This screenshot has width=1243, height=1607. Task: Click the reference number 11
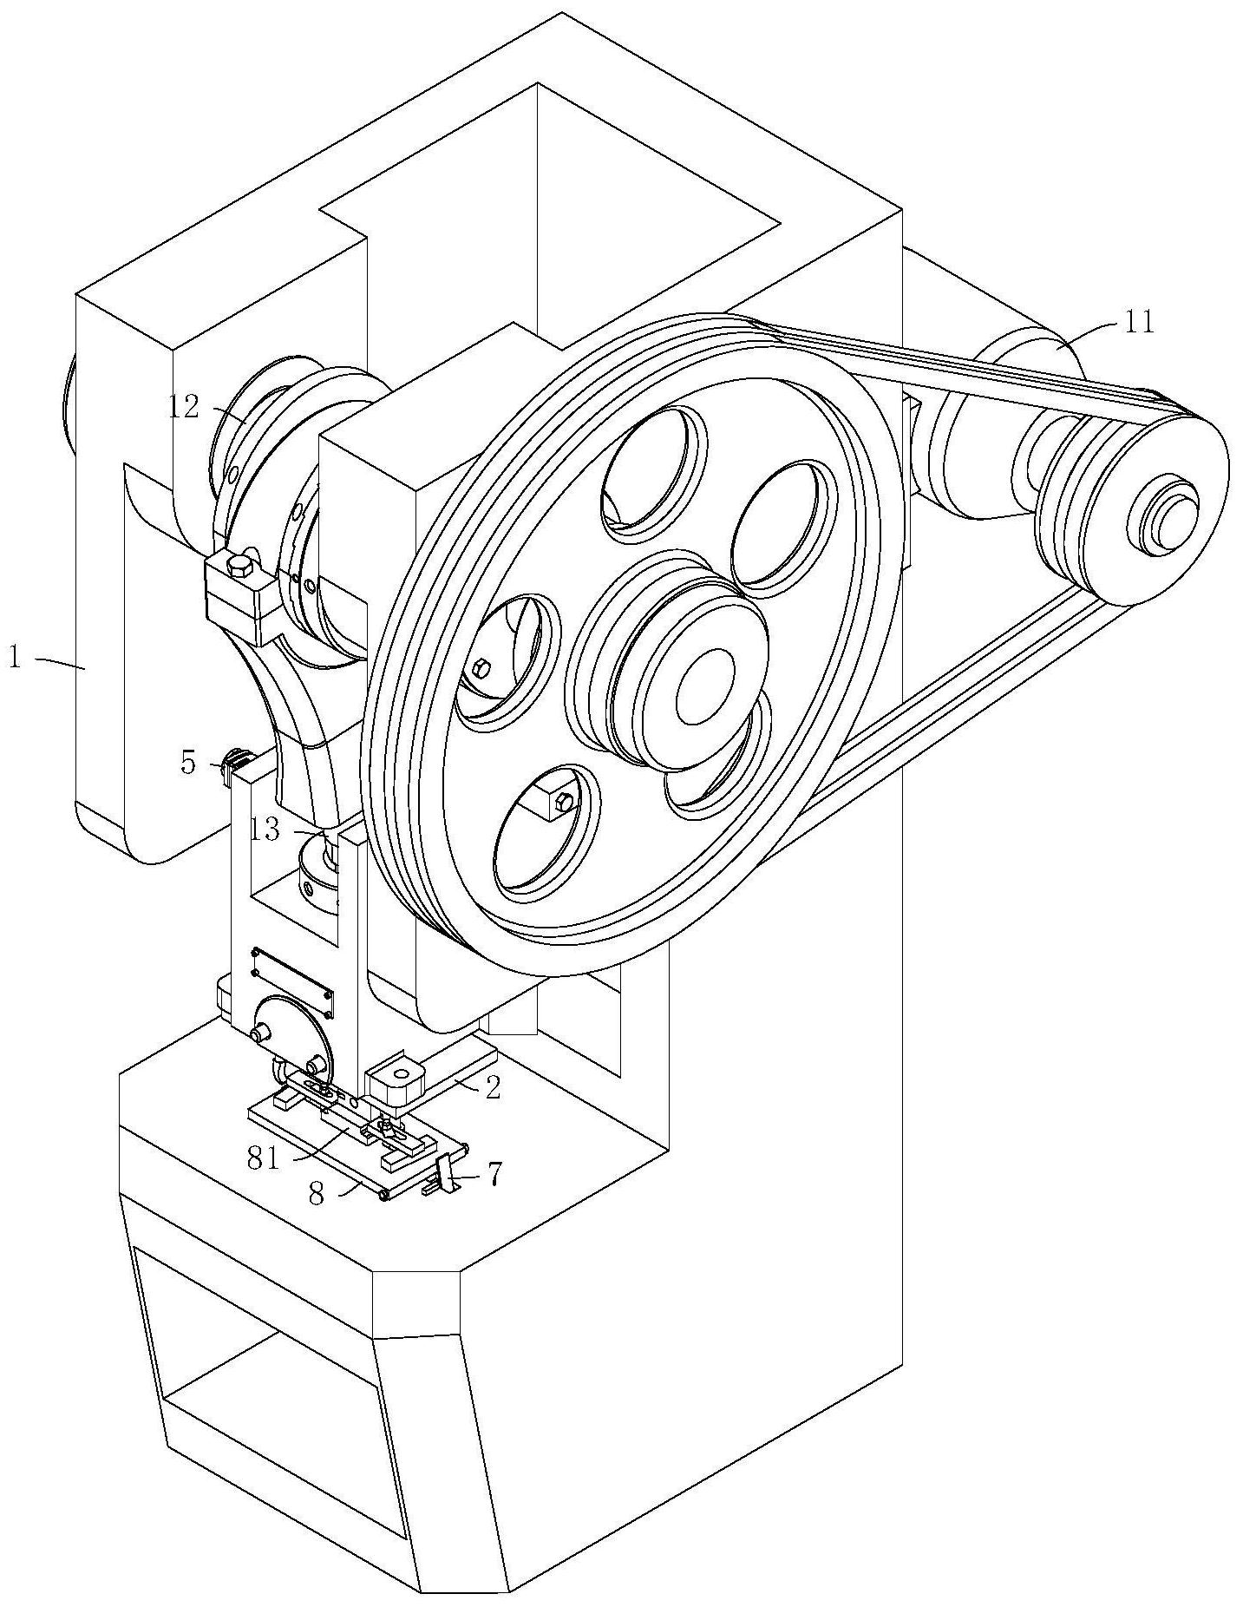[1138, 322]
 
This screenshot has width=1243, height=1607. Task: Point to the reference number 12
[183, 406]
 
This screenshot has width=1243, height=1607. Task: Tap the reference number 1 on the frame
[15, 657]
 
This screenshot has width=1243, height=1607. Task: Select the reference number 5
[188, 764]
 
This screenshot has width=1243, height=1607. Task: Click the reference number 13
[265, 830]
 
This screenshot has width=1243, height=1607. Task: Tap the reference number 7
[494, 1175]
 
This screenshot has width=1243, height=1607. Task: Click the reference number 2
[492, 1088]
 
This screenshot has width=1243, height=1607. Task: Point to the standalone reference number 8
[316, 1195]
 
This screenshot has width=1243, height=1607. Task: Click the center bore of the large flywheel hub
[704, 685]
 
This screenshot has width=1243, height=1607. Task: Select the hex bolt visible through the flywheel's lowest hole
[561, 803]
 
